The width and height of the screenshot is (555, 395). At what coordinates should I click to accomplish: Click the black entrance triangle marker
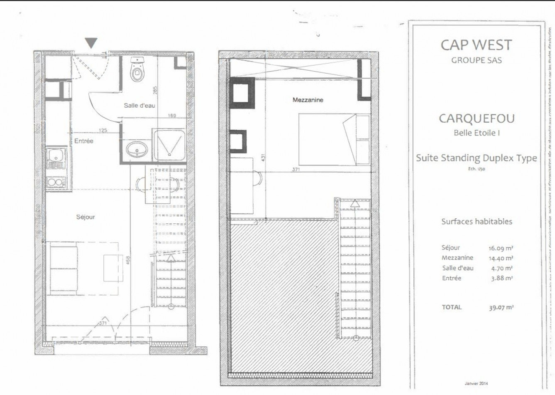point(91,42)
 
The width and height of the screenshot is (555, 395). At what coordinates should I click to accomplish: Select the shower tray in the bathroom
point(169,144)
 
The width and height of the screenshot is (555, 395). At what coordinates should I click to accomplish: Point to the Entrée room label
point(84,141)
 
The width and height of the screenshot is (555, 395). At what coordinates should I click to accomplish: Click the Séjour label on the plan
point(86,217)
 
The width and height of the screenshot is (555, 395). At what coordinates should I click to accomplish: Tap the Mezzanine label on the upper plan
point(308,100)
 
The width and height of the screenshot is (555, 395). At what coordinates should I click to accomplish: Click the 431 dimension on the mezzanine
point(262,158)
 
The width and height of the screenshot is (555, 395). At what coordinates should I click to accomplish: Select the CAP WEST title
point(476,45)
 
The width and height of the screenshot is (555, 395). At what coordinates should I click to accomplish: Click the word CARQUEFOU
point(477,118)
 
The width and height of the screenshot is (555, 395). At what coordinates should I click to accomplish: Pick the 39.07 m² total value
point(501,308)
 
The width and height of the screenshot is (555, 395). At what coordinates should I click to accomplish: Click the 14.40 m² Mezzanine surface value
point(501,258)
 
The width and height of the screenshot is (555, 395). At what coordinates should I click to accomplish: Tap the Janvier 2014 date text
point(476,383)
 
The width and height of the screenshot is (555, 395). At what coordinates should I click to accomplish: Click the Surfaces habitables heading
point(477,222)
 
